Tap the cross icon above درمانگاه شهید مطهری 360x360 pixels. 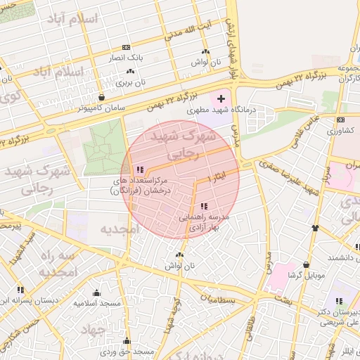coord(221,98)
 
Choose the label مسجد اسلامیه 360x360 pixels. coord(97,303)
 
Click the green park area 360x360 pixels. coord(103,144)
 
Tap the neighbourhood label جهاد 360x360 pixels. coord(91,328)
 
